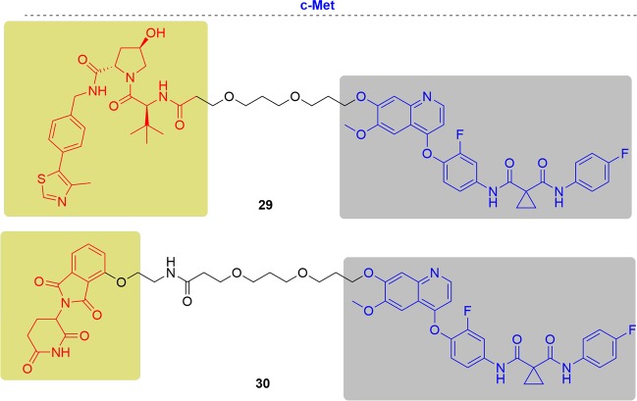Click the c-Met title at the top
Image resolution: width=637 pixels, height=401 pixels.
[320, 6]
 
